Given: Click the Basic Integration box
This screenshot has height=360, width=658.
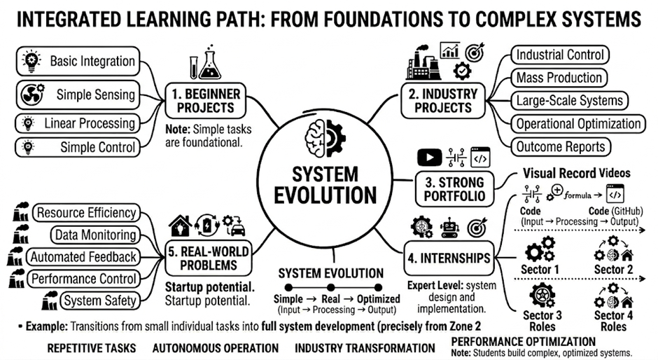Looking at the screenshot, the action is (x=78, y=62).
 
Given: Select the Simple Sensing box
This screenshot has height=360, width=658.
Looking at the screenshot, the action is (x=78, y=95).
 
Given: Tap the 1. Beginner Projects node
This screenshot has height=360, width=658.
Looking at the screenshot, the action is (x=206, y=101).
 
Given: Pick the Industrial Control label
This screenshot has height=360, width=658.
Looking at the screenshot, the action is (x=560, y=55).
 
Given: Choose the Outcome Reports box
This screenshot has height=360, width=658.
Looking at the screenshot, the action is (x=561, y=146).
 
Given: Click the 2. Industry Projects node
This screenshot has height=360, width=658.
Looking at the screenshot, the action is (x=443, y=101).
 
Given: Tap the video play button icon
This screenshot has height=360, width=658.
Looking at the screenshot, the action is (x=429, y=158).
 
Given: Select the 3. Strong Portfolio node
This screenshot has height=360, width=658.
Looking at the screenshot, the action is (x=454, y=189).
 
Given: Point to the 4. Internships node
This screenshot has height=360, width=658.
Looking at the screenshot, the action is (x=449, y=258).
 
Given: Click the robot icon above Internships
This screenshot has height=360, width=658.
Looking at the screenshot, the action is (x=449, y=228).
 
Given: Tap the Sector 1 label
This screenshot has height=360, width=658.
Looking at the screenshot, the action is (x=540, y=269).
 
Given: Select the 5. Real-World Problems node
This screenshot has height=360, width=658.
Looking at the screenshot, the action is (x=209, y=258).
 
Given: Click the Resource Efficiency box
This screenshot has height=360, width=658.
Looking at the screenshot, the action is (x=86, y=213).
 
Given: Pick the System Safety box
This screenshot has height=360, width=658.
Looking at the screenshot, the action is (x=100, y=300).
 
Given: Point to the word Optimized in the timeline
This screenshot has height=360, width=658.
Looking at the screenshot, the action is (x=378, y=299).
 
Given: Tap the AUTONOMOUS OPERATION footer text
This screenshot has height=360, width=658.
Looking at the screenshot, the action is (x=216, y=348).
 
